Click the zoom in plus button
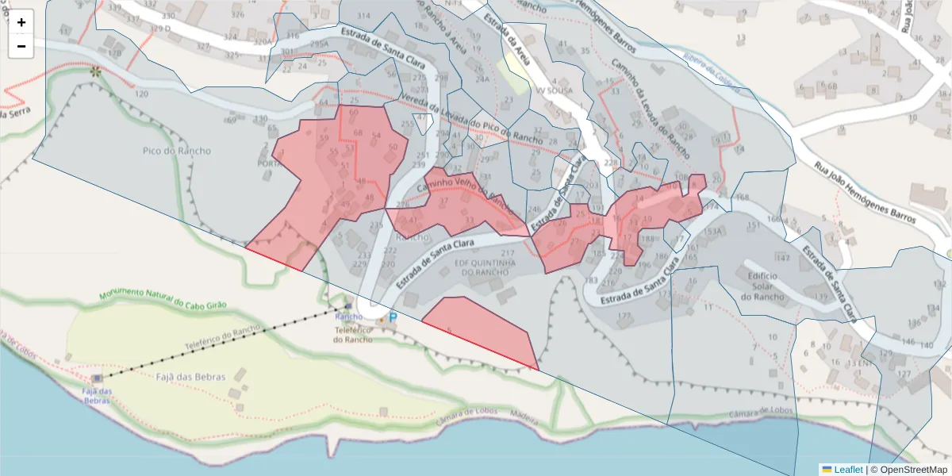click(x=21, y=22)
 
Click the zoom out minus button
click(x=21, y=46)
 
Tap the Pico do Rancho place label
click(x=177, y=151)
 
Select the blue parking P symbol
click(x=392, y=317)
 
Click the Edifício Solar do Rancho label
click(x=762, y=286)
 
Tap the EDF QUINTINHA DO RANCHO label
click(x=486, y=267)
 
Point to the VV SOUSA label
click(x=553, y=91)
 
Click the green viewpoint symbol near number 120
click(x=96, y=72)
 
